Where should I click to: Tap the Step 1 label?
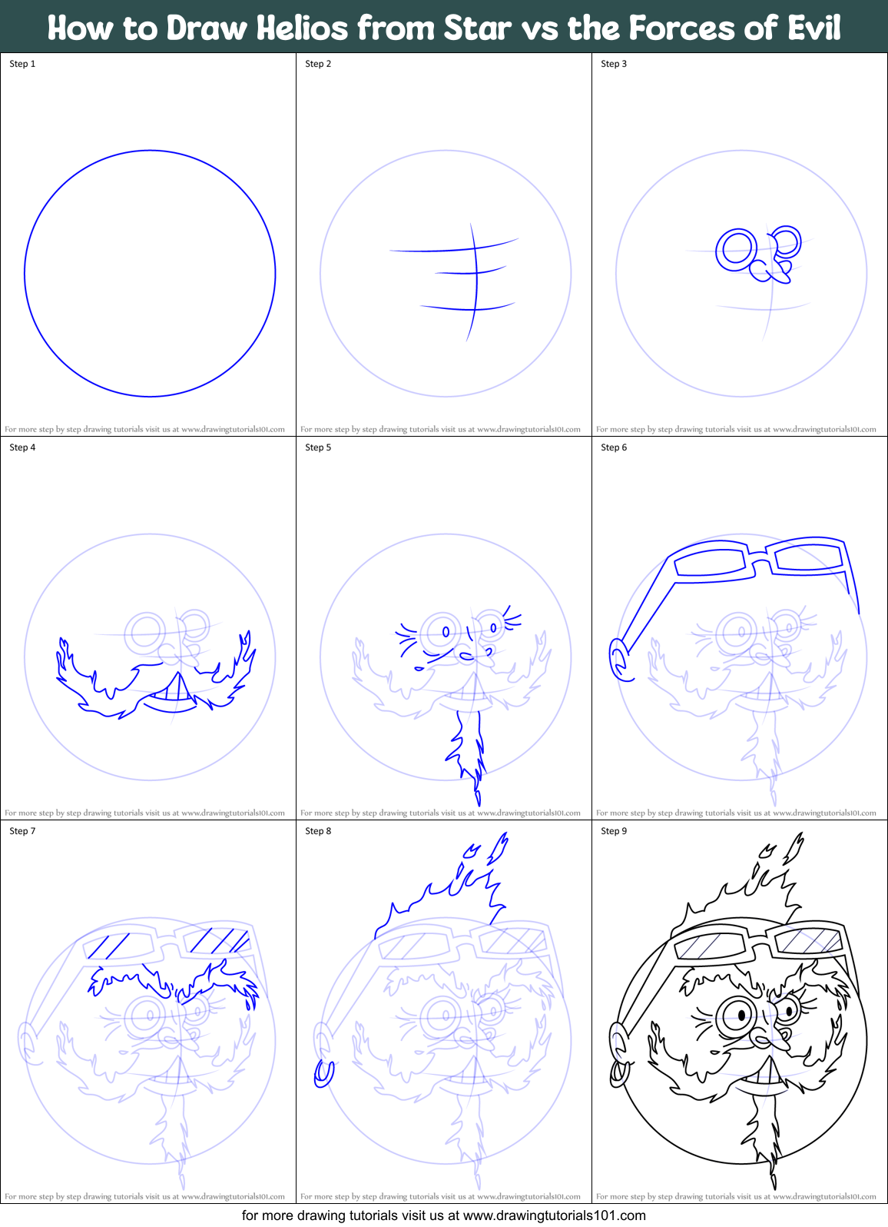click(22, 64)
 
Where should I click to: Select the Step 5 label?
click(318, 447)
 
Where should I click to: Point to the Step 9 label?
click(614, 831)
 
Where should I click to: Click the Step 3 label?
click(614, 64)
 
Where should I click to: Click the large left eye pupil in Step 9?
click(741, 1016)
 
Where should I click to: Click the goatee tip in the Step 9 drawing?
click(773, 1176)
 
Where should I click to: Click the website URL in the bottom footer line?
click(554, 1215)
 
